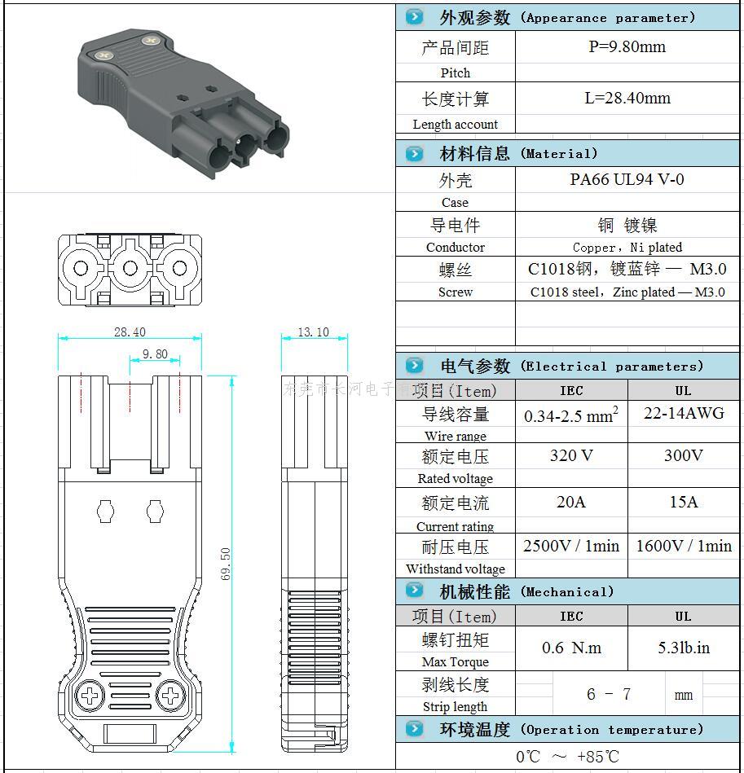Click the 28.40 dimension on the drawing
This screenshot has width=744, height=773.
pyautogui.click(x=130, y=332)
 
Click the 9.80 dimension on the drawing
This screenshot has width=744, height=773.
pyautogui.click(x=155, y=354)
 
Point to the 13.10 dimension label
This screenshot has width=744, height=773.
pyautogui.click(x=313, y=332)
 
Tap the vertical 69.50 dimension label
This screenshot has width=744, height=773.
pyautogui.click(x=226, y=563)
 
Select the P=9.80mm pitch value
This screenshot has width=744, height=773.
pyautogui.click(x=627, y=47)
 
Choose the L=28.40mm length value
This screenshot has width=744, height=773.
pyautogui.click(x=627, y=99)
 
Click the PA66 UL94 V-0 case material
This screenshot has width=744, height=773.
pyautogui.click(x=627, y=180)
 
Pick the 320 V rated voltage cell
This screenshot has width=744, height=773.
pyautogui.click(x=571, y=455)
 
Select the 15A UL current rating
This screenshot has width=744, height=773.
pyautogui.click(x=684, y=502)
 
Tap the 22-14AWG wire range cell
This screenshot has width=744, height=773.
pyautogui.click(x=684, y=413)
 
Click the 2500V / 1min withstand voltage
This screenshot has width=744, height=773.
pyautogui.click(x=571, y=546)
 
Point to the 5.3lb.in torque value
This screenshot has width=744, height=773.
pyautogui.click(x=684, y=648)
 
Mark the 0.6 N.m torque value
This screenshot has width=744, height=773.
pyautogui.click(x=571, y=648)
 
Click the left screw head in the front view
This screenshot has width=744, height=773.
pyautogui.click(x=88, y=696)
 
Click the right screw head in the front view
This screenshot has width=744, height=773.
pyautogui.click(x=170, y=696)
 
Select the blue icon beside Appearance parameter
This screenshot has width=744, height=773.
pyautogui.click(x=415, y=17)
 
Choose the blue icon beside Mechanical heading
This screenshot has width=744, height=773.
pyautogui.click(x=415, y=591)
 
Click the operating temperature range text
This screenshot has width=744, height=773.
pyautogui.click(x=568, y=757)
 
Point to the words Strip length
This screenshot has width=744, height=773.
pyautogui.click(x=455, y=706)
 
